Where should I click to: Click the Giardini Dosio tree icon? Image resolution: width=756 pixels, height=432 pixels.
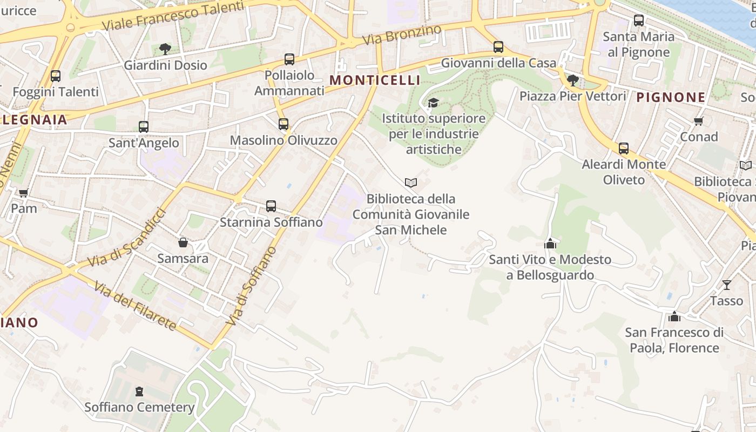pyautogui.click(x=165, y=49)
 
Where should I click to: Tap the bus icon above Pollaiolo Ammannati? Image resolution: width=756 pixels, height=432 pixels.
pyautogui.click(x=289, y=59)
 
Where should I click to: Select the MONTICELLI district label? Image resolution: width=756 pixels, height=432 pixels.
pyautogui.click(x=375, y=80)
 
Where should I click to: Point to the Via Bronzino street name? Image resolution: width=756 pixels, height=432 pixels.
pyautogui.click(x=402, y=35)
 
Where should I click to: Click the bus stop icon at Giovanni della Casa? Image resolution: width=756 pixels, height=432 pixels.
pyautogui.click(x=498, y=47)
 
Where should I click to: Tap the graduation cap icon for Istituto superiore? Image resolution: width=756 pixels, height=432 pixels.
pyautogui.click(x=433, y=103)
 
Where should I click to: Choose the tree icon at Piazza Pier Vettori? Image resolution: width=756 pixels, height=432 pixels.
pyautogui.click(x=573, y=80)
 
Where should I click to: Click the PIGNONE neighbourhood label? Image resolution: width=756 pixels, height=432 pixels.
pyautogui.click(x=671, y=97)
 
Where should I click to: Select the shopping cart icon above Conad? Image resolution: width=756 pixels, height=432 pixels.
pyautogui.click(x=699, y=121)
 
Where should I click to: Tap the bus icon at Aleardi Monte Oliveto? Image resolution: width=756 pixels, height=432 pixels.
pyautogui.click(x=624, y=148)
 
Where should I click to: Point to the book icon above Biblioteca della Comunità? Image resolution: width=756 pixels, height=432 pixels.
pyautogui.click(x=411, y=183)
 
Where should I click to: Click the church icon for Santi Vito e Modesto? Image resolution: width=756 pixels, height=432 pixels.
pyautogui.click(x=550, y=244)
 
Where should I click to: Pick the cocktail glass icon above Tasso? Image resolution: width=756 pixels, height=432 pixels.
pyautogui.click(x=727, y=285)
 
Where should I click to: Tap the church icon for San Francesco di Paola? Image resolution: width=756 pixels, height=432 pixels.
pyautogui.click(x=674, y=316)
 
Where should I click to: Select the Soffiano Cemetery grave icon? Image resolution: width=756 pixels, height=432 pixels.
pyautogui.click(x=139, y=391)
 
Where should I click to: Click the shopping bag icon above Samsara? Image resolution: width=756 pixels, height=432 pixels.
pyautogui.click(x=183, y=242)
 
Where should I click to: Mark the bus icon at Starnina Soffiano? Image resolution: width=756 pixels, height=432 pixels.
pyautogui.click(x=271, y=206)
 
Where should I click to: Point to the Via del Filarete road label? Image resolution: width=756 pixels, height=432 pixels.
pyautogui.click(x=134, y=306)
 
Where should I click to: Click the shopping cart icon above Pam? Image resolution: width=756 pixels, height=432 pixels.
pyautogui.click(x=24, y=193)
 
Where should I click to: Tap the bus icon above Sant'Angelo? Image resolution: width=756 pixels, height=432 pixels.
pyautogui.click(x=144, y=127)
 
